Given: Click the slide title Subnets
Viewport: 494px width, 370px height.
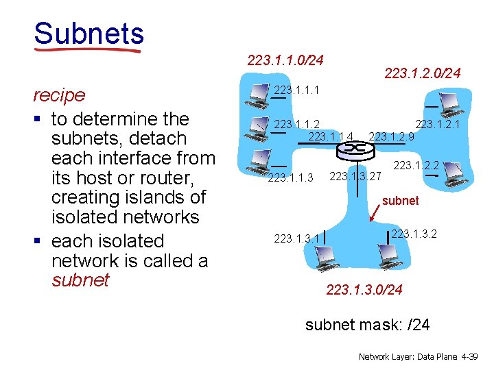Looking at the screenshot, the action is [x=89, y=34].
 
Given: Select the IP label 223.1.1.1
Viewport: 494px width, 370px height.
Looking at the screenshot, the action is [x=296, y=90].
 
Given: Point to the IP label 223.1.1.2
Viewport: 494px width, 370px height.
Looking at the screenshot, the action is [x=296, y=124].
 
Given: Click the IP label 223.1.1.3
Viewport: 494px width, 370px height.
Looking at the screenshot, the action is [x=290, y=178].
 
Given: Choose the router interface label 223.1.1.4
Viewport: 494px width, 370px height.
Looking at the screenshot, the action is [x=331, y=136].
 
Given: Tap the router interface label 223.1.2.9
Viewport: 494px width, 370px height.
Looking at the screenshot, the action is [x=391, y=136].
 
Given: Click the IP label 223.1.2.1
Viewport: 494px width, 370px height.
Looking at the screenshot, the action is [x=437, y=124].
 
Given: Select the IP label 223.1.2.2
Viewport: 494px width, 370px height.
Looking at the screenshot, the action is [x=415, y=164].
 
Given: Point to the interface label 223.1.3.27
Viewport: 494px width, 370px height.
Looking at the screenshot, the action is [x=355, y=176].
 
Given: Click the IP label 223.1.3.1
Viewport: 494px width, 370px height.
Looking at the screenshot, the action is [x=296, y=238].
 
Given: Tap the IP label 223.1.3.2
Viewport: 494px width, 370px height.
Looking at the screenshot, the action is [x=414, y=234].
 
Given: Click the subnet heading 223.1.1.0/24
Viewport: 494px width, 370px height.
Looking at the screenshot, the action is [x=285, y=60].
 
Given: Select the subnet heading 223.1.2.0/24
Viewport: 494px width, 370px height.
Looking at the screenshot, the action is [x=423, y=72].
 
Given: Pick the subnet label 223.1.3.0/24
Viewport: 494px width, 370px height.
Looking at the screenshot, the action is [x=364, y=290].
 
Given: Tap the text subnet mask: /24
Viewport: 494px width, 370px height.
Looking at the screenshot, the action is [x=367, y=324].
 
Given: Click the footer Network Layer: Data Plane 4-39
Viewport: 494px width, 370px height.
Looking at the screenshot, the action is [x=421, y=357].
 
